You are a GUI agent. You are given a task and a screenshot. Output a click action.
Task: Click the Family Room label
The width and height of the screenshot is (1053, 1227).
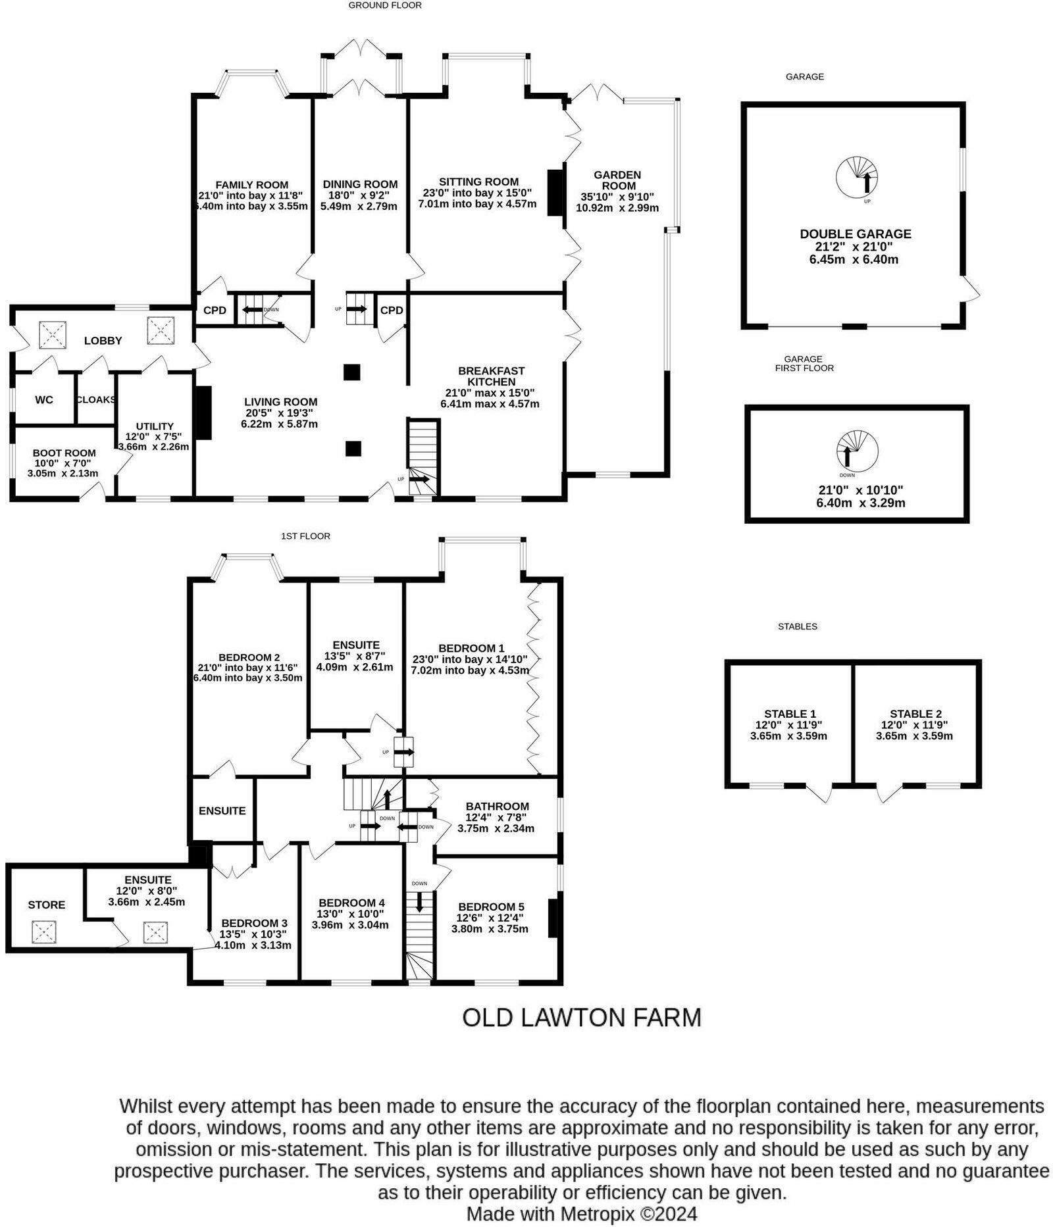click(x=252, y=185)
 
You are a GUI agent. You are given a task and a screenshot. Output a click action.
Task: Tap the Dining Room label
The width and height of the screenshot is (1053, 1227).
click(x=360, y=185)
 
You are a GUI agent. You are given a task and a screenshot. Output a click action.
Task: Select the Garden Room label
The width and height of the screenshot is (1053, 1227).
click(x=617, y=180)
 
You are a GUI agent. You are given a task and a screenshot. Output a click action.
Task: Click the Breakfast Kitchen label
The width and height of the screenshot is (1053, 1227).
click(x=491, y=376)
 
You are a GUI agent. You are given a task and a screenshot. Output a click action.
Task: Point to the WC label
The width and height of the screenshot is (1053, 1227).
click(x=44, y=400)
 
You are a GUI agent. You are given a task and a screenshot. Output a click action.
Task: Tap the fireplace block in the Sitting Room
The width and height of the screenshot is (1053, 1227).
click(x=555, y=192)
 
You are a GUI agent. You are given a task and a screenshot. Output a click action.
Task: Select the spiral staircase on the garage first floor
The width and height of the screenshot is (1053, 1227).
click(x=857, y=451)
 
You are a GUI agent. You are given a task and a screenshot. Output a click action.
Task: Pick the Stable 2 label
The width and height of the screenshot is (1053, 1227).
click(x=915, y=714)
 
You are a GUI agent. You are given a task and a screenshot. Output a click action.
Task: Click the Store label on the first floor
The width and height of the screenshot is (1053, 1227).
click(x=47, y=905)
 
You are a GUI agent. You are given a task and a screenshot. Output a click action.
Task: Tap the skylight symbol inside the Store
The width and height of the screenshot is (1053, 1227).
click(x=44, y=932)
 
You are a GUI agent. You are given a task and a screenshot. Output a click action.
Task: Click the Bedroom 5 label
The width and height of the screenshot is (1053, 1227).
click(x=492, y=907)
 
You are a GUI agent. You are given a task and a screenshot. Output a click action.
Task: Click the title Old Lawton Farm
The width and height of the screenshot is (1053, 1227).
click(x=582, y=1017)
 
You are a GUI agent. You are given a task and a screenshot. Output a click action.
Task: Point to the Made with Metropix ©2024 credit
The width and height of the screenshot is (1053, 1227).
click(x=582, y=1213)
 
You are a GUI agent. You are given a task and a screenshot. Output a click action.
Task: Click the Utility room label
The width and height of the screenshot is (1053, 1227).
click(x=155, y=426)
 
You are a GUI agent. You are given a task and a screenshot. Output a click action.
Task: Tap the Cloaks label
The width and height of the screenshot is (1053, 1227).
click(x=96, y=400)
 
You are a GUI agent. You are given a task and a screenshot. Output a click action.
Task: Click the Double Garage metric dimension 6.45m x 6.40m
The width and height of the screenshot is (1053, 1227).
click(x=854, y=260)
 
